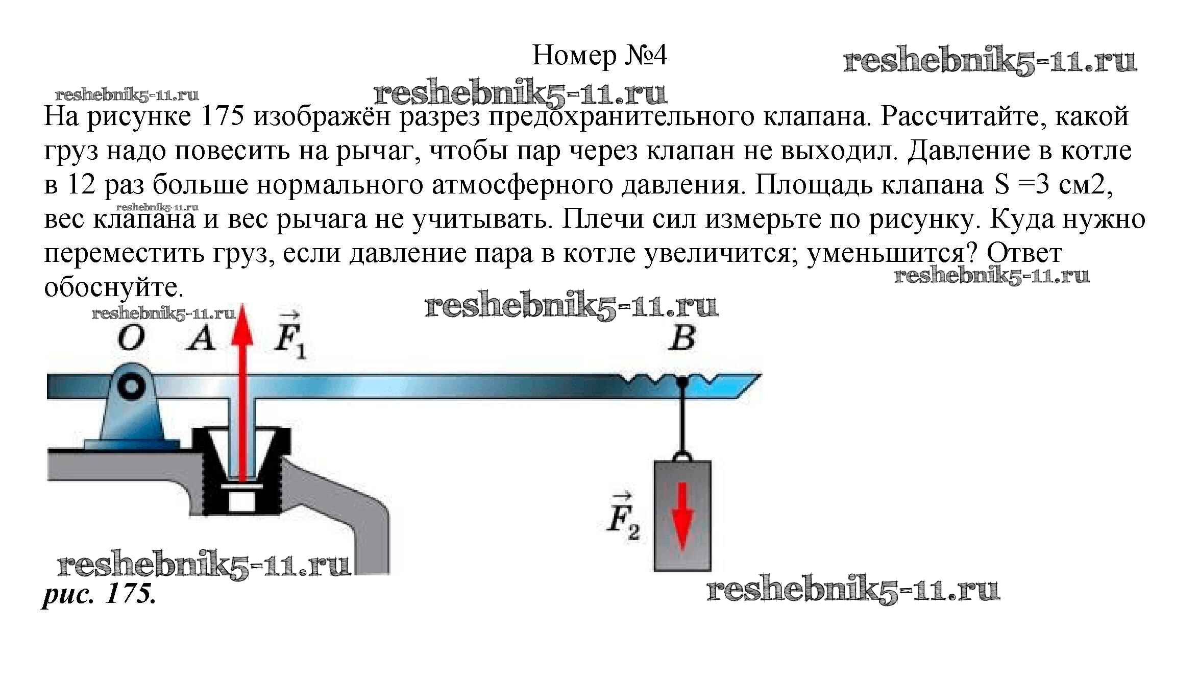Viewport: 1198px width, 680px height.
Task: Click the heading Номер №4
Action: coord(599,56)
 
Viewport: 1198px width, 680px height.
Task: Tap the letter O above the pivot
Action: coord(131,338)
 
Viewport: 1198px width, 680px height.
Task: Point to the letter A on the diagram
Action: coord(201,338)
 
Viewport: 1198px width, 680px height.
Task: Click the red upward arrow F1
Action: coord(242,388)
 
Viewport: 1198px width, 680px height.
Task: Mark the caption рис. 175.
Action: coord(99,594)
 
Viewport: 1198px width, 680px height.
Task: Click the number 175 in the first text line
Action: coord(223,116)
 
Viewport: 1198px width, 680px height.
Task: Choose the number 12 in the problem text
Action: coord(81,185)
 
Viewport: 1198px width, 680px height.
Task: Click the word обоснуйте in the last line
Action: coord(113,287)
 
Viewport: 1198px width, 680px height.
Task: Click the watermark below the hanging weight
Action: coord(852,591)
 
